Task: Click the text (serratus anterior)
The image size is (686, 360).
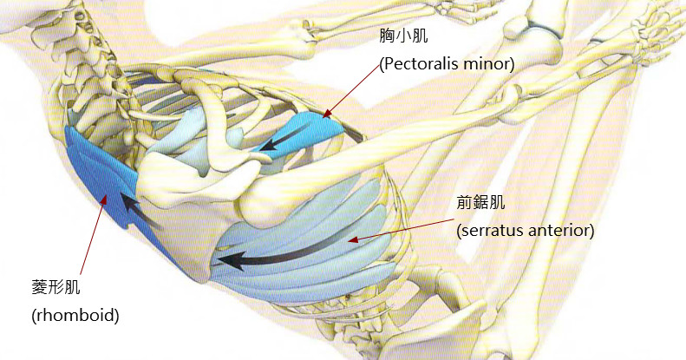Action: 525,231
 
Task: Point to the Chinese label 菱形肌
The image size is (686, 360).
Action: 54,286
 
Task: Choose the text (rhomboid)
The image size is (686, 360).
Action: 75,313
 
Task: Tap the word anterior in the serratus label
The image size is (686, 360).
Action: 564,231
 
